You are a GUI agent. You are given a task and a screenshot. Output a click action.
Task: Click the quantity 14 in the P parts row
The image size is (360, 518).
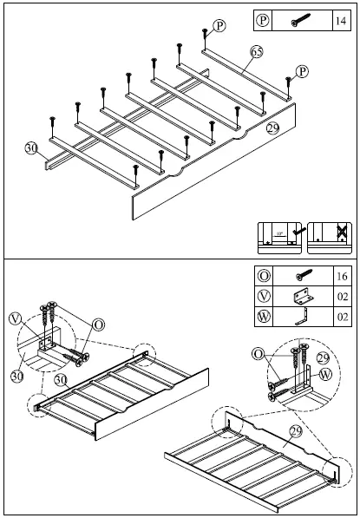(x=339, y=19)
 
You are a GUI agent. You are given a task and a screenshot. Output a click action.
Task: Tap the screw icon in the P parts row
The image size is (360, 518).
(x=299, y=19)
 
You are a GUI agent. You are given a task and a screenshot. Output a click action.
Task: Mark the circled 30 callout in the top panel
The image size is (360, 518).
(x=32, y=148)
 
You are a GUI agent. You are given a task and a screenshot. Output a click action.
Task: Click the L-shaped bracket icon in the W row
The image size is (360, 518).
(x=302, y=318)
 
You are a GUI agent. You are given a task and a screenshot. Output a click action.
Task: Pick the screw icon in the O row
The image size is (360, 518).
(x=302, y=277)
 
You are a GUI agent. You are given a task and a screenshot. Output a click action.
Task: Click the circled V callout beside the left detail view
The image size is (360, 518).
(x=15, y=318)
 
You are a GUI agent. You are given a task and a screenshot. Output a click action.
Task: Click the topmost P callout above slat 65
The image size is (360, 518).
(x=219, y=27)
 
